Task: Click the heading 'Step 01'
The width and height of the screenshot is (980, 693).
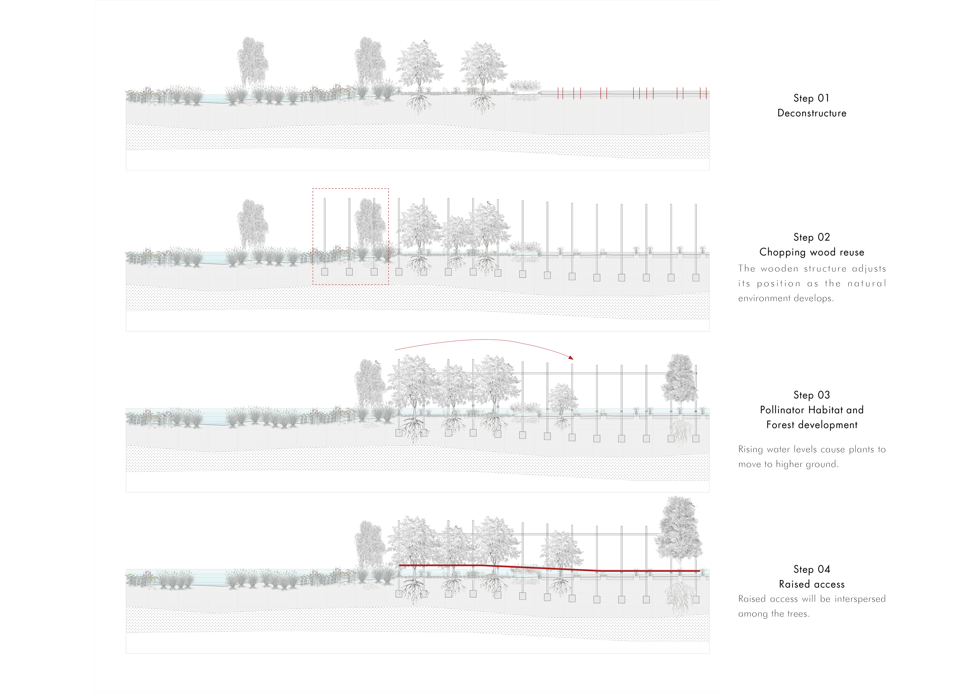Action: (x=811, y=98)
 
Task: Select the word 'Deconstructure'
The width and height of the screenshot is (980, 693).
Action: (x=811, y=113)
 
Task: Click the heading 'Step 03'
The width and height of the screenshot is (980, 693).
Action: (x=811, y=395)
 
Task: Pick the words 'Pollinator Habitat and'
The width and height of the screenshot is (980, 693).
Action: (x=811, y=410)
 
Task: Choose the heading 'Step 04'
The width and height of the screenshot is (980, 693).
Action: (x=811, y=569)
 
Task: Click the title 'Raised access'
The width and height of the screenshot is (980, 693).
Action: (x=811, y=584)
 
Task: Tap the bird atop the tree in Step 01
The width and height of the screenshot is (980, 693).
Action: (x=425, y=41)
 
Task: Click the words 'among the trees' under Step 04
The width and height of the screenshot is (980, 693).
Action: (x=774, y=614)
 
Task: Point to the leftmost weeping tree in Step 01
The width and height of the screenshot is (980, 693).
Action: (x=253, y=62)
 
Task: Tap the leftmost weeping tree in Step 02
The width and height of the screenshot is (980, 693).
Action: (x=253, y=224)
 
